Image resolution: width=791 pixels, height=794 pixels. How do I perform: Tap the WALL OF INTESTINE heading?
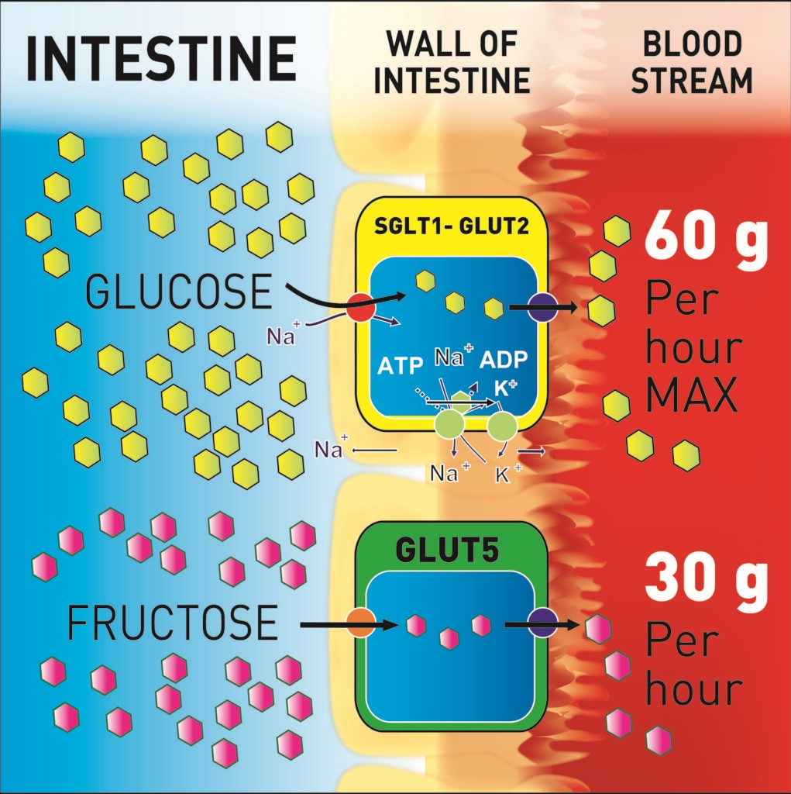452,62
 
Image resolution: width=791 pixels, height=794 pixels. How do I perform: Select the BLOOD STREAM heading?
691,62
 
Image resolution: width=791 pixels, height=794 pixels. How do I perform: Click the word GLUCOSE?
178,292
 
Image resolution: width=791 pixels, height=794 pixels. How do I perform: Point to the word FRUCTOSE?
172,623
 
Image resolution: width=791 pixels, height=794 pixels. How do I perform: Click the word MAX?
692,395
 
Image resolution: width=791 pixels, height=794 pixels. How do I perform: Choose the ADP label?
504,360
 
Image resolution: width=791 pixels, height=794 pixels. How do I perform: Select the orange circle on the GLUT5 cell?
361,623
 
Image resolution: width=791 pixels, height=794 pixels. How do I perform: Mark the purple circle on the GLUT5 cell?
541,623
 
